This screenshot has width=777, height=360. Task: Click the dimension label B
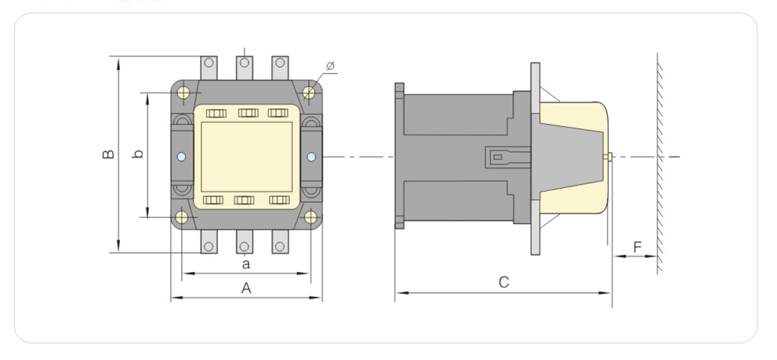pos(108,154)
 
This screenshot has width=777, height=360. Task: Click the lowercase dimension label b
pos(139,154)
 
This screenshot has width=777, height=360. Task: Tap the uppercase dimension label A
pos(246,288)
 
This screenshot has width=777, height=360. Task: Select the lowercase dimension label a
pos(246,264)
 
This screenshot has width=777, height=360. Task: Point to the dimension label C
pos(504,282)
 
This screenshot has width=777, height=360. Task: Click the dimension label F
pos(638,247)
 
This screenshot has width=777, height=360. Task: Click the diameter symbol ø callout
pos(330,65)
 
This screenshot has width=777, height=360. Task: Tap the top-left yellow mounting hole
pos(183,92)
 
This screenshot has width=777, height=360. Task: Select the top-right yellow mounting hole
pos(309,92)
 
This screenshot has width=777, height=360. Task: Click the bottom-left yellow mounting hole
pos(182,217)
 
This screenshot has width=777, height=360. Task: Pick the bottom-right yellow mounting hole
pos(311,217)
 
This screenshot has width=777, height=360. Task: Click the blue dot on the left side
pos(181,157)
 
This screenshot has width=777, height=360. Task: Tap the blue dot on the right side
pos(311,157)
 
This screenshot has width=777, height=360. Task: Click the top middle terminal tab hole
pos(244,63)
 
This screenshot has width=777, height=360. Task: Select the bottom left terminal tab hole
pos(209,247)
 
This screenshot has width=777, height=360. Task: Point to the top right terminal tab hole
pos(280,63)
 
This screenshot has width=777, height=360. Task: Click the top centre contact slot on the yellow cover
pos(248,113)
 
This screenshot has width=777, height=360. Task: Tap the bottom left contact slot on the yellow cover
pos(213,200)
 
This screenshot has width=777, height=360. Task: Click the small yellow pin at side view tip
pos(608,157)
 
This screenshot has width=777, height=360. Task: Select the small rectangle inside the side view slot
pos(498,157)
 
